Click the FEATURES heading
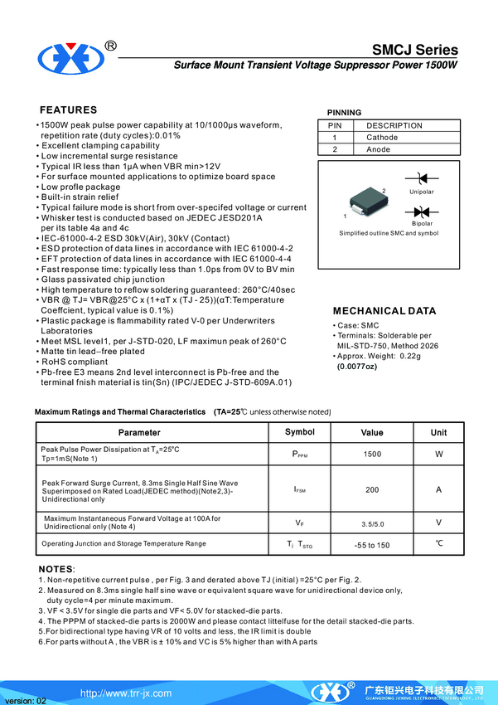(69, 110)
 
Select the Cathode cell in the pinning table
(382, 138)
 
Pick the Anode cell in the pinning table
(379, 149)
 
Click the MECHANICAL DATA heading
(384, 311)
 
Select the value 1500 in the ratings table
(372, 455)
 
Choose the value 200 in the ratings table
(372, 489)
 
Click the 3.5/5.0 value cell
(372, 523)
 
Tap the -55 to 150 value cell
(372, 545)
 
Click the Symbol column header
(300, 432)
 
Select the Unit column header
(438, 432)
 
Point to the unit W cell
(438, 455)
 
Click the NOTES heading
(56, 569)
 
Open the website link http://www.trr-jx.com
(126, 693)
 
